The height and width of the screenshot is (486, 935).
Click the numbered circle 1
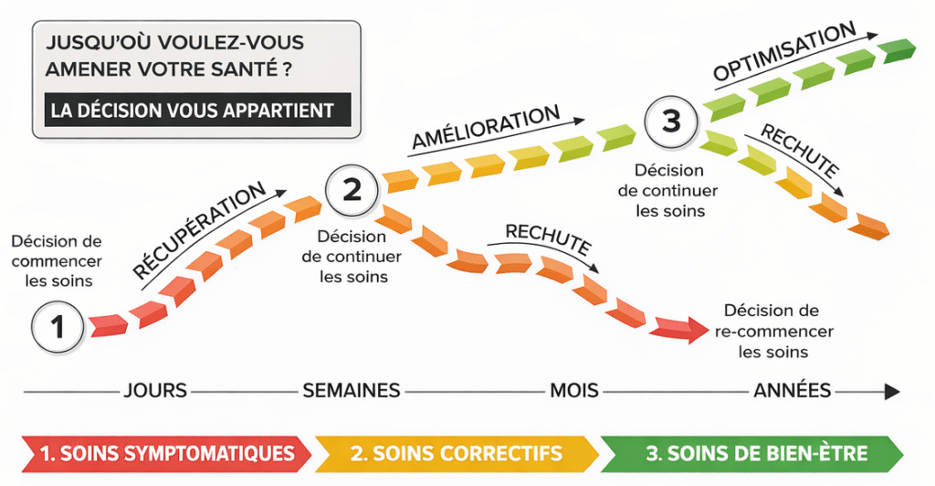click(x=57, y=325)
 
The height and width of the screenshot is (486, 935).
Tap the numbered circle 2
click(x=352, y=189)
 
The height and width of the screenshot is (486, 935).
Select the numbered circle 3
click(x=672, y=121)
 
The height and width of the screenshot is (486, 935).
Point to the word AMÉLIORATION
click(x=485, y=129)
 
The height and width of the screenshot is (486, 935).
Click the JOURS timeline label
click(x=154, y=391)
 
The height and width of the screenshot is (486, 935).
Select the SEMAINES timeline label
click(x=352, y=391)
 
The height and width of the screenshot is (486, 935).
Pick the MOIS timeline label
click(x=573, y=391)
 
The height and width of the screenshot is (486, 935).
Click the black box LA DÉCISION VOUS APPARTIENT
click(x=192, y=111)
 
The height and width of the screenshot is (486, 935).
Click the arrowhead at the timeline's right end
click(x=890, y=391)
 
